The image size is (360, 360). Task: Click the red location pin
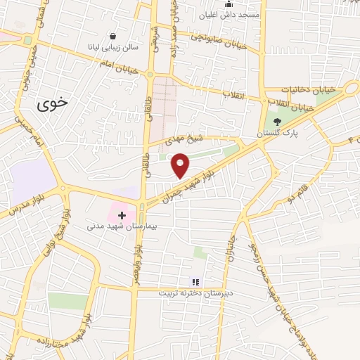coord(181,166)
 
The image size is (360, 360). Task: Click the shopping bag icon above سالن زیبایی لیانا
coord(112,36)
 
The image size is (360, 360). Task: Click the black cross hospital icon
coord(121,214)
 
